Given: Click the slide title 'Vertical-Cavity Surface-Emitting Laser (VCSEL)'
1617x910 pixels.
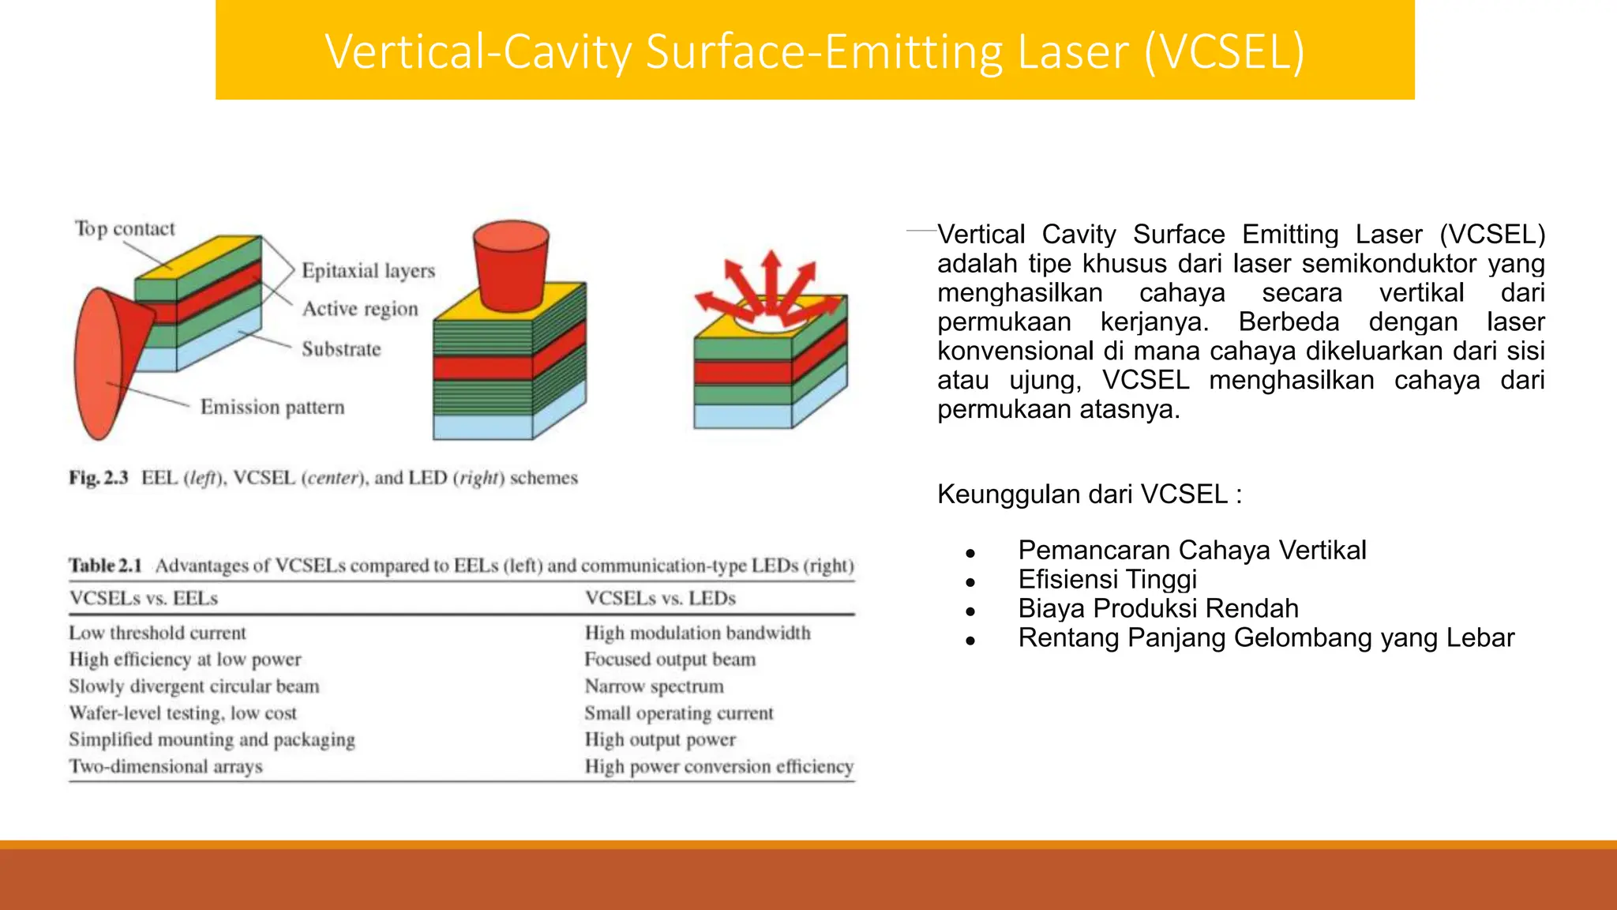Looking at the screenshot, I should pos(814,51).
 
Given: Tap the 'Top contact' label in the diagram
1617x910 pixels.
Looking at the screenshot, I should pos(125,229).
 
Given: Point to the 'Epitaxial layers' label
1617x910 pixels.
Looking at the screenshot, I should pos(368,271).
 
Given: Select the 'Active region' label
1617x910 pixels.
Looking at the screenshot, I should pos(360,309).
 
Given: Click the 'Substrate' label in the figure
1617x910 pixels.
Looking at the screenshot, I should pos(341,349).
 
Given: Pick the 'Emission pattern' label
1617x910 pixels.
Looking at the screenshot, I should pos(272,408).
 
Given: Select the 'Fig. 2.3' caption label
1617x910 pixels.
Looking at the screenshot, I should pos(99,478).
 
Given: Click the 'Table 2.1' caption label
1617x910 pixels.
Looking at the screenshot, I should pos(105,566).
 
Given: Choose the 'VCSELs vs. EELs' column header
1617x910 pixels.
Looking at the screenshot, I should pos(144,599).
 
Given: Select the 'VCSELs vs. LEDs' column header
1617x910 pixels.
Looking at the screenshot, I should pos(660,599).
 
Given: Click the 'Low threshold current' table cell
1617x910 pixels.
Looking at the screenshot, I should pos(157,633).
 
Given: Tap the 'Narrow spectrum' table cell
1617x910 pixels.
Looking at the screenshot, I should pos(654,686).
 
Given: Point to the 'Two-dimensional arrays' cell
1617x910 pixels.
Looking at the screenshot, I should pos(166,766).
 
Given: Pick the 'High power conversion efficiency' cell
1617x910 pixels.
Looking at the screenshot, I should pos(718,766).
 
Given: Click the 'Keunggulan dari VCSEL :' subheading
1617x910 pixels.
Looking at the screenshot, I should pos(1090,494).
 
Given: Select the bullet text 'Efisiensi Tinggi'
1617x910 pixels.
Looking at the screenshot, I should pos(1107,580).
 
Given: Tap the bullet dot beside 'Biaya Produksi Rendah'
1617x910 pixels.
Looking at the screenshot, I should pos(970,611).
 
